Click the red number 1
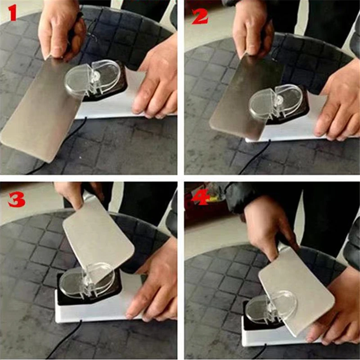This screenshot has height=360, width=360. click(x=13, y=13)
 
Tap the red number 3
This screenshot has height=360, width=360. click(x=16, y=199)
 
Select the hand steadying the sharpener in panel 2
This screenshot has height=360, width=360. click(x=340, y=103)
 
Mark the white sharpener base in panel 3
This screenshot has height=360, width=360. click(x=90, y=310)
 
